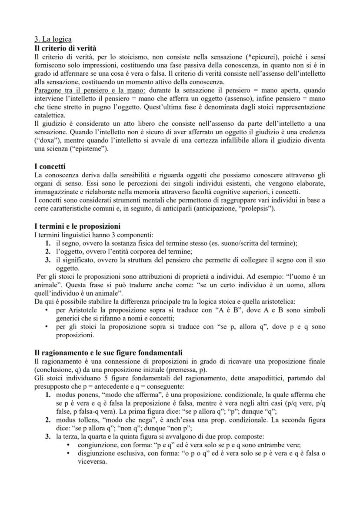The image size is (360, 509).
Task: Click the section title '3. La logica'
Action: (x=53, y=40)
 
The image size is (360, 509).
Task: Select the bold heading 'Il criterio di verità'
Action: (x=65, y=48)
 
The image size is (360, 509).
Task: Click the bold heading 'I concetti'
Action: (x=51, y=166)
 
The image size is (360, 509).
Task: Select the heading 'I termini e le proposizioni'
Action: (x=77, y=226)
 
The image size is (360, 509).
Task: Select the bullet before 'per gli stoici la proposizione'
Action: (x=47, y=326)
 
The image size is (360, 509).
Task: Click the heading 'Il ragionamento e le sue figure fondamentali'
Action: (x=108, y=353)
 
